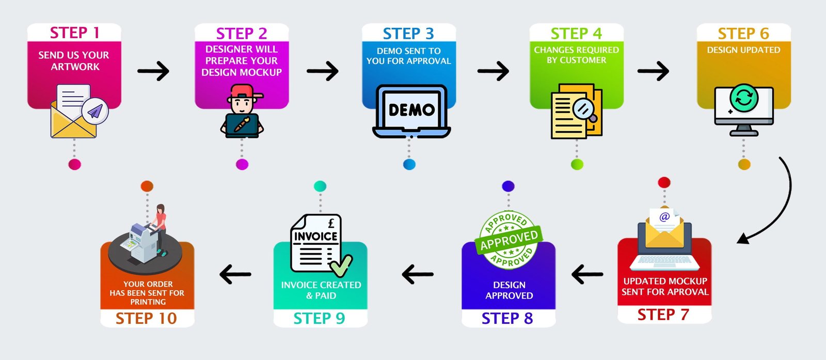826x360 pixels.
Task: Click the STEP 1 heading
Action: tap(74, 33)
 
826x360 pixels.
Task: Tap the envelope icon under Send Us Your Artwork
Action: tap(73, 121)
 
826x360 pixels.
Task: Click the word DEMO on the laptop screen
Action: tap(411, 110)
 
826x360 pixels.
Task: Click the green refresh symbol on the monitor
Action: tap(744, 98)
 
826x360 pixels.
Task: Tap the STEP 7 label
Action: tap(663, 315)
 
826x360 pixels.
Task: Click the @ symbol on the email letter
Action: tap(664, 217)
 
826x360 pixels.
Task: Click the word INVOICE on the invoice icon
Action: tap(315, 237)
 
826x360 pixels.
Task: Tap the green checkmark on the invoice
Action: tap(341, 266)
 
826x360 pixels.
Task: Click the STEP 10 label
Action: tap(146, 318)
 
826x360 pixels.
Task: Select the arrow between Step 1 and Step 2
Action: tap(153, 71)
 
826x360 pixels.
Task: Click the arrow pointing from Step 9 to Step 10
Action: tap(235, 274)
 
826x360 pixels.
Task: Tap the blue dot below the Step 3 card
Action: tap(409, 165)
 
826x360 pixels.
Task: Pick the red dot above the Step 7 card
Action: tap(664, 182)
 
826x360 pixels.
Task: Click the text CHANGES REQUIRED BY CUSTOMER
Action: tap(576, 55)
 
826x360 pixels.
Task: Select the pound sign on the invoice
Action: tap(331, 223)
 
